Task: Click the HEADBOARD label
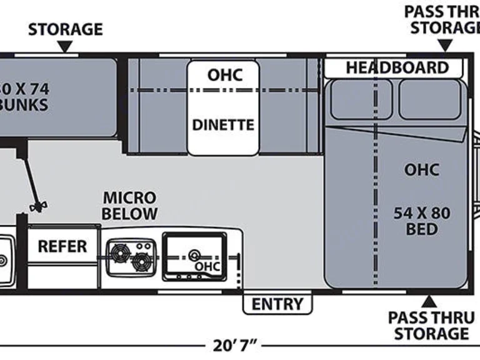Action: click(397, 67)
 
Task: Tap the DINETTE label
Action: click(223, 125)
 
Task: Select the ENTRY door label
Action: click(277, 304)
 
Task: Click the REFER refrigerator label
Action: click(62, 246)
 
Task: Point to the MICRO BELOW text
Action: click(130, 206)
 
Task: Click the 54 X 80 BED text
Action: click(421, 221)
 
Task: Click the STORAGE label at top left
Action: click(65, 29)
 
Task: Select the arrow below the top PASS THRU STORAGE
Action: click(444, 45)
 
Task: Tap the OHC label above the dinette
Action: click(224, 76)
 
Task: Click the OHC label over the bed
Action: click(421, 169)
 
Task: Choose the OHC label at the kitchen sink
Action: click(207, 266)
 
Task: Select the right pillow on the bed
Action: click(431, 99)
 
